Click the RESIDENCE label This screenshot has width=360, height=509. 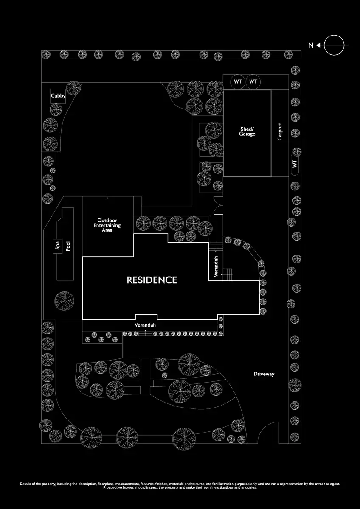click(x=152, y=280)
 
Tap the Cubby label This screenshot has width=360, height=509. click(x=58, y=96)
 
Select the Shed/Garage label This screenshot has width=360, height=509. click(x=247, y=131)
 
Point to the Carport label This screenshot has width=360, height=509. click(x=280, y=131)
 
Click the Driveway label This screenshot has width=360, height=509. click(x=264, y=374)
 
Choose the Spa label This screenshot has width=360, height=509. click(x=57, y=246)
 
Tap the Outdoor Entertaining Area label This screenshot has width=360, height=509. click(x=109, y=225)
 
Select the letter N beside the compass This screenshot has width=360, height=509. click(x=311, y=45)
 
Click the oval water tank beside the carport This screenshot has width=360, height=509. click(x=295, y=163)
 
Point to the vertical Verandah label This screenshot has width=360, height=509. click(x=216, y=266)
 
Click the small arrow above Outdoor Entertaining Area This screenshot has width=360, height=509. click(x=107, y=196)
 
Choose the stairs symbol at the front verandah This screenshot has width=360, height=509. click(x=145, y=333)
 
